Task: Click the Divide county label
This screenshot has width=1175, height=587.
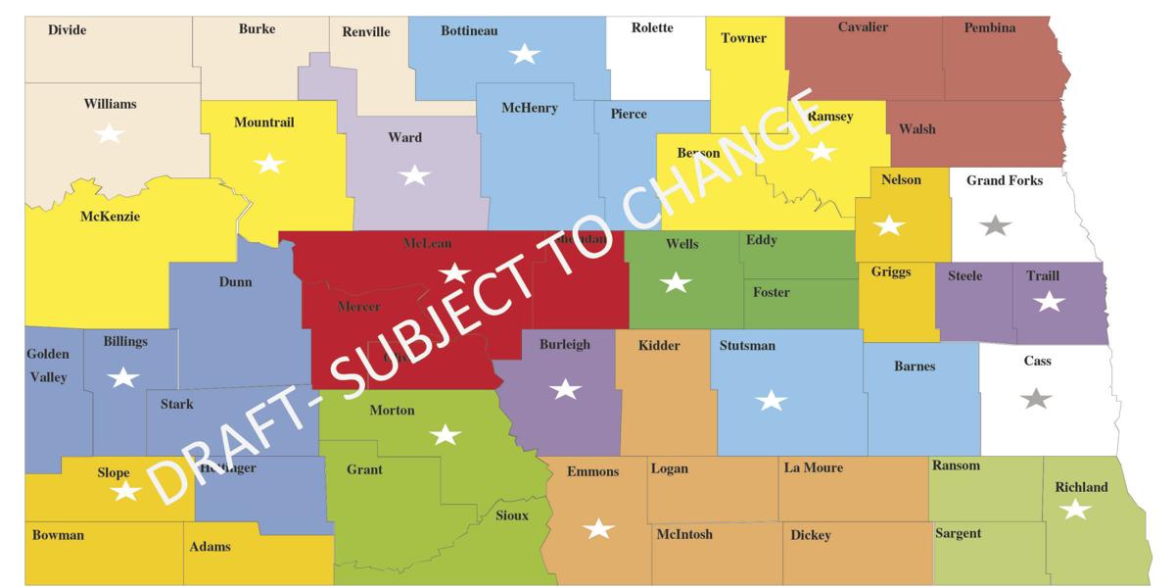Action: pos(68,30)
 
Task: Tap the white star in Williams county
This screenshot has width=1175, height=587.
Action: pos(109,132)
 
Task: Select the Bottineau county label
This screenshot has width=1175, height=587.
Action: pos(469,31)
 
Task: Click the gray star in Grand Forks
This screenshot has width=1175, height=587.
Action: pos(996,225)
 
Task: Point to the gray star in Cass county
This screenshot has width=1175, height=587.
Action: pos(1035,399)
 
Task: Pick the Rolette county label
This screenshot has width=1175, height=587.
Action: pos(652,27)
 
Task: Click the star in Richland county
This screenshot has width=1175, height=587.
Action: pos(1075,509)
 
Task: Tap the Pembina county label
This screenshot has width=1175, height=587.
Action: pos(990,27)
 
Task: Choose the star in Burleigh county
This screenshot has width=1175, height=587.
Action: pos(565,389)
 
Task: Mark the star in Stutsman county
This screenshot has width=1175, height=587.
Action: pos(772,400)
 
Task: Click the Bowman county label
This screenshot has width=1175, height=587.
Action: pos(59,536)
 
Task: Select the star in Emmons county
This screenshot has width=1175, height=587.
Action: pos(598,529)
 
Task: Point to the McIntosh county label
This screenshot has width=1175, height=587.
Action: pos(684,534)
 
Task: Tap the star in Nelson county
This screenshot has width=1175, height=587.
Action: pos(889,225)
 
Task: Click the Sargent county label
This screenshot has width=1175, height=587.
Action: pos(958,533)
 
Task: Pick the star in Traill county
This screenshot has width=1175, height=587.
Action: pos(1049,302)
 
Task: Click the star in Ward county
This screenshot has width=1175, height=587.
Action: pos(414,175)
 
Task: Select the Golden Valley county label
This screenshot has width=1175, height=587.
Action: pos(47,366)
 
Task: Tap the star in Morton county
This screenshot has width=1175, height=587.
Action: pos(446,434)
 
